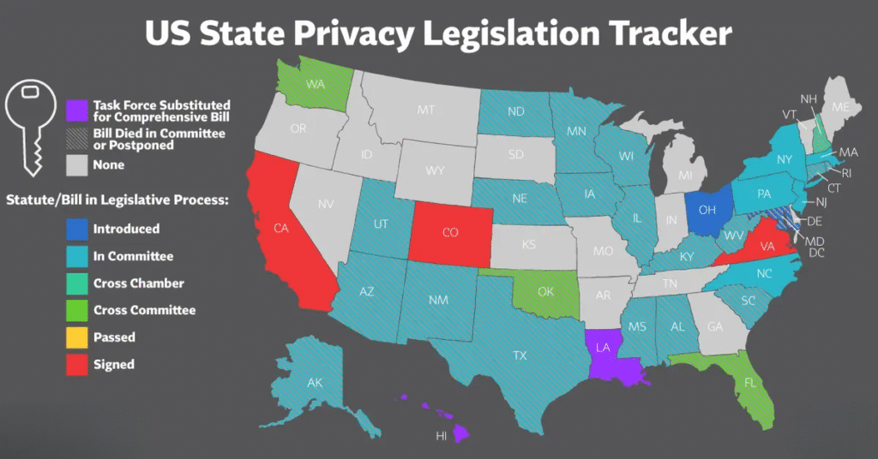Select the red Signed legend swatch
(x=77, y=364)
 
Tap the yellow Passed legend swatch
(x=77, y=337)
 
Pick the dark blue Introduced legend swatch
(x=77, y=229)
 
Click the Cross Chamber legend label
(x=139, y=283)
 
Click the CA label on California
(x=280, y=228)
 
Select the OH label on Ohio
(x=708, y=208)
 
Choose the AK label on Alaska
(x=315, y=383)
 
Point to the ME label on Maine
(x=841, y=107)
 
